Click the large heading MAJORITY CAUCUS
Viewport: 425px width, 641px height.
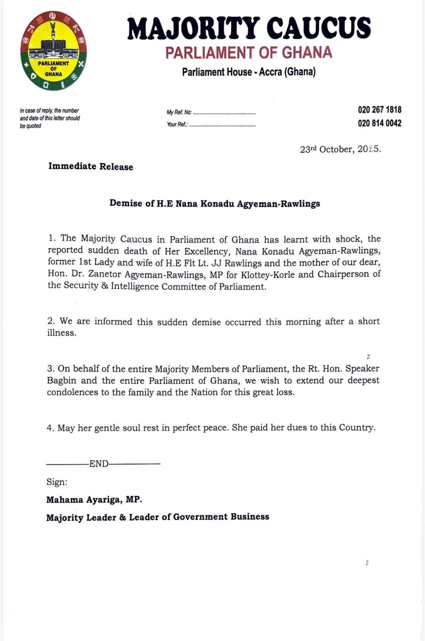(x=249, y=29)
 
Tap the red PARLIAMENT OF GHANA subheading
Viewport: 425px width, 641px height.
(x=249, y=52)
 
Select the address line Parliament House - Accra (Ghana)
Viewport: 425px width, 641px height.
(x=249, y=72)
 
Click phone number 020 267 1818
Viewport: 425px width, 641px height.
(x=379, y=110)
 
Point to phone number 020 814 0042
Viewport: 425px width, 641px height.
(x=379, y=123)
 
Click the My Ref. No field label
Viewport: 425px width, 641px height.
(x=179, y=112)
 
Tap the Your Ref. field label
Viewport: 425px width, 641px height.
(x=177, y=125)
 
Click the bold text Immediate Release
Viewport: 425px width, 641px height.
(x=91, y=167)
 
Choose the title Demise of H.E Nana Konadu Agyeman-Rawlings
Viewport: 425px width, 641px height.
(x=215, y=204)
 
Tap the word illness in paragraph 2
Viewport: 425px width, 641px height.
(x=62, y=333)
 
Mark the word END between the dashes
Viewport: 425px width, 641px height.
(x=99, y=464)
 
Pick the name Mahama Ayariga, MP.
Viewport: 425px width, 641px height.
(x=94, y=500)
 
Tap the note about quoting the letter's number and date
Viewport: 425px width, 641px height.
(x=49, y=118)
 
